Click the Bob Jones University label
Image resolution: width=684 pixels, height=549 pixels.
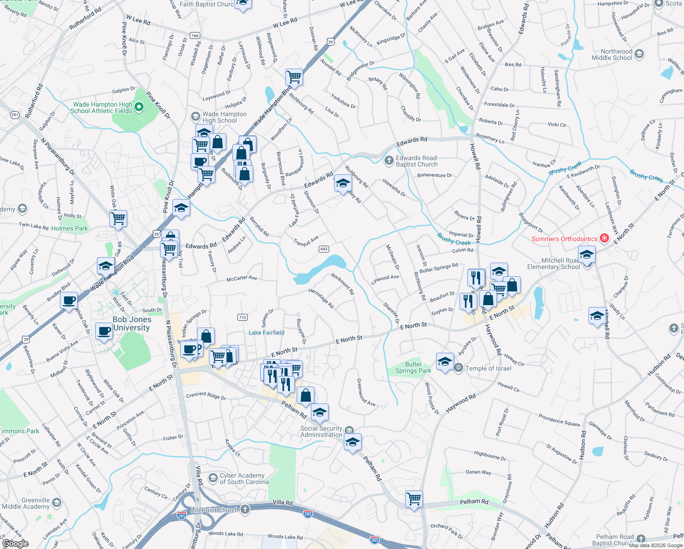132,323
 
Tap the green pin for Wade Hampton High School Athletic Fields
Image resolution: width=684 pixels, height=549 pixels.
139,108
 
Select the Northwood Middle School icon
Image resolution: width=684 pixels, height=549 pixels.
639,54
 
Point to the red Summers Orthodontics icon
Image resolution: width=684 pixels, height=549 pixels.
604,238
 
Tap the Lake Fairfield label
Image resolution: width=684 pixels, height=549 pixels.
267,333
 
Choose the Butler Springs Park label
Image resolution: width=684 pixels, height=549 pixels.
413,367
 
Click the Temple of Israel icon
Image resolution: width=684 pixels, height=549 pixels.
458,368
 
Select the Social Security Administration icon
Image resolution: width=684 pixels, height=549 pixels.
349,430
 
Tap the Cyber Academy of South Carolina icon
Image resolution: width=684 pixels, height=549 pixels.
213,479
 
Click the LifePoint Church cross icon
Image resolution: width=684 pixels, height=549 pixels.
245,510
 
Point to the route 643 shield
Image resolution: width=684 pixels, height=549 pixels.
324,249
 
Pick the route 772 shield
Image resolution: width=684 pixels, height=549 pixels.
242,317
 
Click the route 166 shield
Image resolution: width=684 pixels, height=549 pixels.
195,35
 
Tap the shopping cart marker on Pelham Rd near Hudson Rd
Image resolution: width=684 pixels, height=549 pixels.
414,499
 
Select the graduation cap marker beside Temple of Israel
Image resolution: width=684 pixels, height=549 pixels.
445,361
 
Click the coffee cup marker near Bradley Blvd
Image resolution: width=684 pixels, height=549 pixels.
69,301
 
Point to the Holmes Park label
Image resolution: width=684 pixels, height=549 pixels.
69,228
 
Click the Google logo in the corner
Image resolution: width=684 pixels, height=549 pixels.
15,543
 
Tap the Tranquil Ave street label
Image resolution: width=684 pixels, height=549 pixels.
306,241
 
